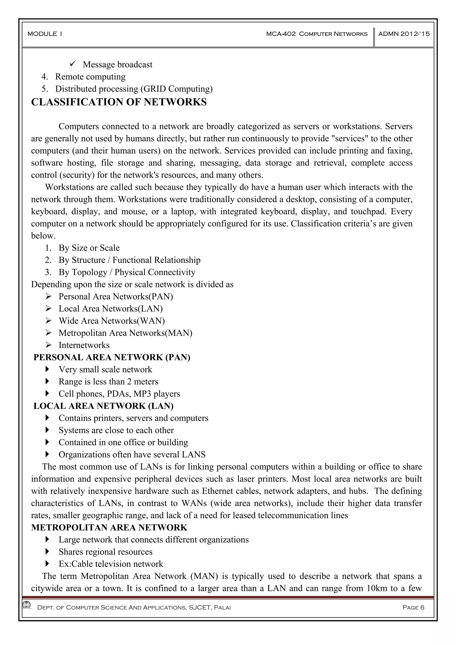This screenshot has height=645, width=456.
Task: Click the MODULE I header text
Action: click(45, 34)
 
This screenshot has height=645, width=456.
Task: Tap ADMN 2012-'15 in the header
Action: click(404, 34)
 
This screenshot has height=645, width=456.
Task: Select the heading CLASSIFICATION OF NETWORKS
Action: click(119, 102)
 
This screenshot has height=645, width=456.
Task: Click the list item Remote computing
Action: click(90, 77)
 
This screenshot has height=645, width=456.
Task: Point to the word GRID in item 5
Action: click(155, 89)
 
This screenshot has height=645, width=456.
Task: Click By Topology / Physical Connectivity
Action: click(127, 272)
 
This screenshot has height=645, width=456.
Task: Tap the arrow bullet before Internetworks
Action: click(48, 345)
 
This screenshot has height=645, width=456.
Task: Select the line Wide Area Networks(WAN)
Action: click(112, 321)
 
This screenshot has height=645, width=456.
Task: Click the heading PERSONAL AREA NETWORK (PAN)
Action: click(112, 357)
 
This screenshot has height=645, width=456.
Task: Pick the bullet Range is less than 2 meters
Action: click(108, 381)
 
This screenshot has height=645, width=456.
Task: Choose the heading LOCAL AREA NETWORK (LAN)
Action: click(103, 406)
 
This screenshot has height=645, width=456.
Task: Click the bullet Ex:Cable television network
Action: click(111, 564)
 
